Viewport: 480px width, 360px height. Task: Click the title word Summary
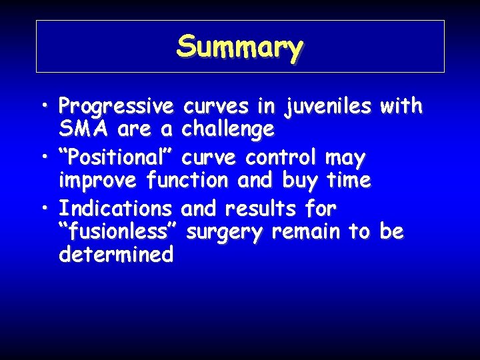(x=240, y=47)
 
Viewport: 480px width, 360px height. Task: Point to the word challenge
(x=227, y=129)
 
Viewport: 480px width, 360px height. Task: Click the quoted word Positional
(x=117, y=159)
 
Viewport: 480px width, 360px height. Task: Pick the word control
(x=283, y=159)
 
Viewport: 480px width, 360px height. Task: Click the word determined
(x=116, y=254)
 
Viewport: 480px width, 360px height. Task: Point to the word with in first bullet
(x=400, y=105)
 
